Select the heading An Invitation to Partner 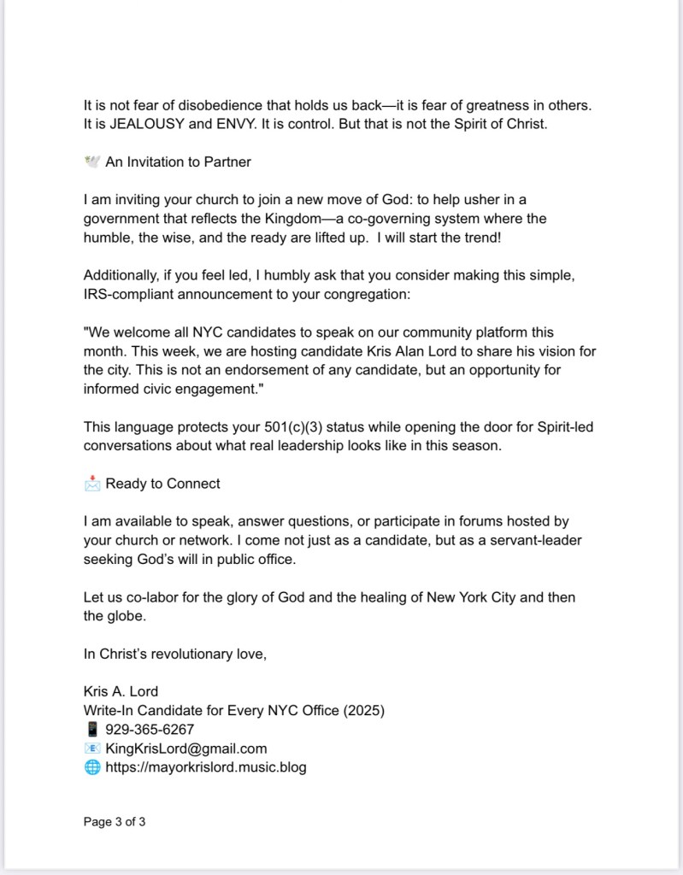pos(178,161)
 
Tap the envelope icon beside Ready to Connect pos(91,484)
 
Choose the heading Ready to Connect pos(162,484)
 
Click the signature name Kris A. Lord pos(121,691)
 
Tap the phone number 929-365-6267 pos(150,729)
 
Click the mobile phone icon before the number pos(91,729)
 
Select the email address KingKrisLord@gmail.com pos(186,749)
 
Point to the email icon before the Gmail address pos(91,749)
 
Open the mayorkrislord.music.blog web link pos(205,767)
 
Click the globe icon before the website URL pos(91,767)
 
